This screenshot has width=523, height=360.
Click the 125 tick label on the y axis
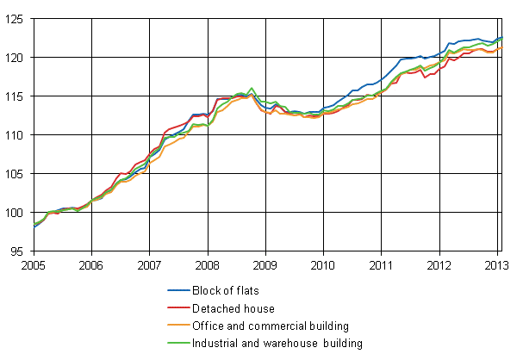pos(17,18)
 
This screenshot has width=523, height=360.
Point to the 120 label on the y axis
pos(17,57)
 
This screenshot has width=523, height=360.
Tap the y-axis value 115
pos(17,96)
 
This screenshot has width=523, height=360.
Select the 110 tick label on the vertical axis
pos(17,134)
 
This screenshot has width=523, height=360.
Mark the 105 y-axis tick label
pos(17,173)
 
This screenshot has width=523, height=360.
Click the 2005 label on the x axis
pos(33,264)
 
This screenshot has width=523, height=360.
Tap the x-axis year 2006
pos(91,264)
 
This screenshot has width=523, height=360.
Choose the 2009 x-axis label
pos(265,264)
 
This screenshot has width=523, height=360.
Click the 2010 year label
pos(323,264)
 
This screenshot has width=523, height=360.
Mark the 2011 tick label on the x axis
pos(382,264)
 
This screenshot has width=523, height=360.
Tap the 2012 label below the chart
pos(439,264)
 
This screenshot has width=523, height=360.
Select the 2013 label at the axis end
pos(498,264)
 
